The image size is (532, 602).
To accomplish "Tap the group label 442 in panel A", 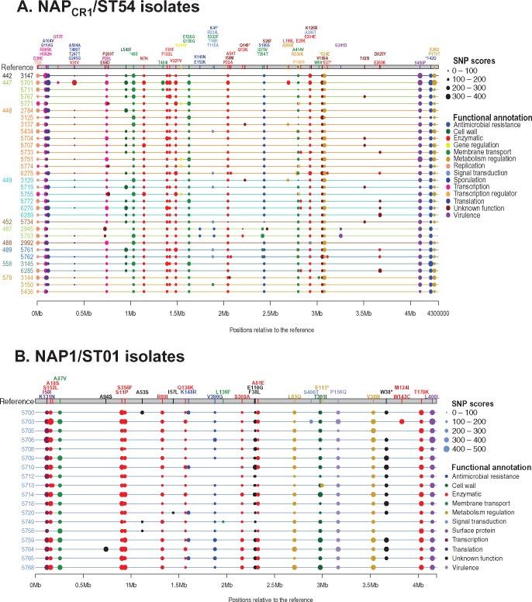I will pyautogui.click(x=6, y=75).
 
